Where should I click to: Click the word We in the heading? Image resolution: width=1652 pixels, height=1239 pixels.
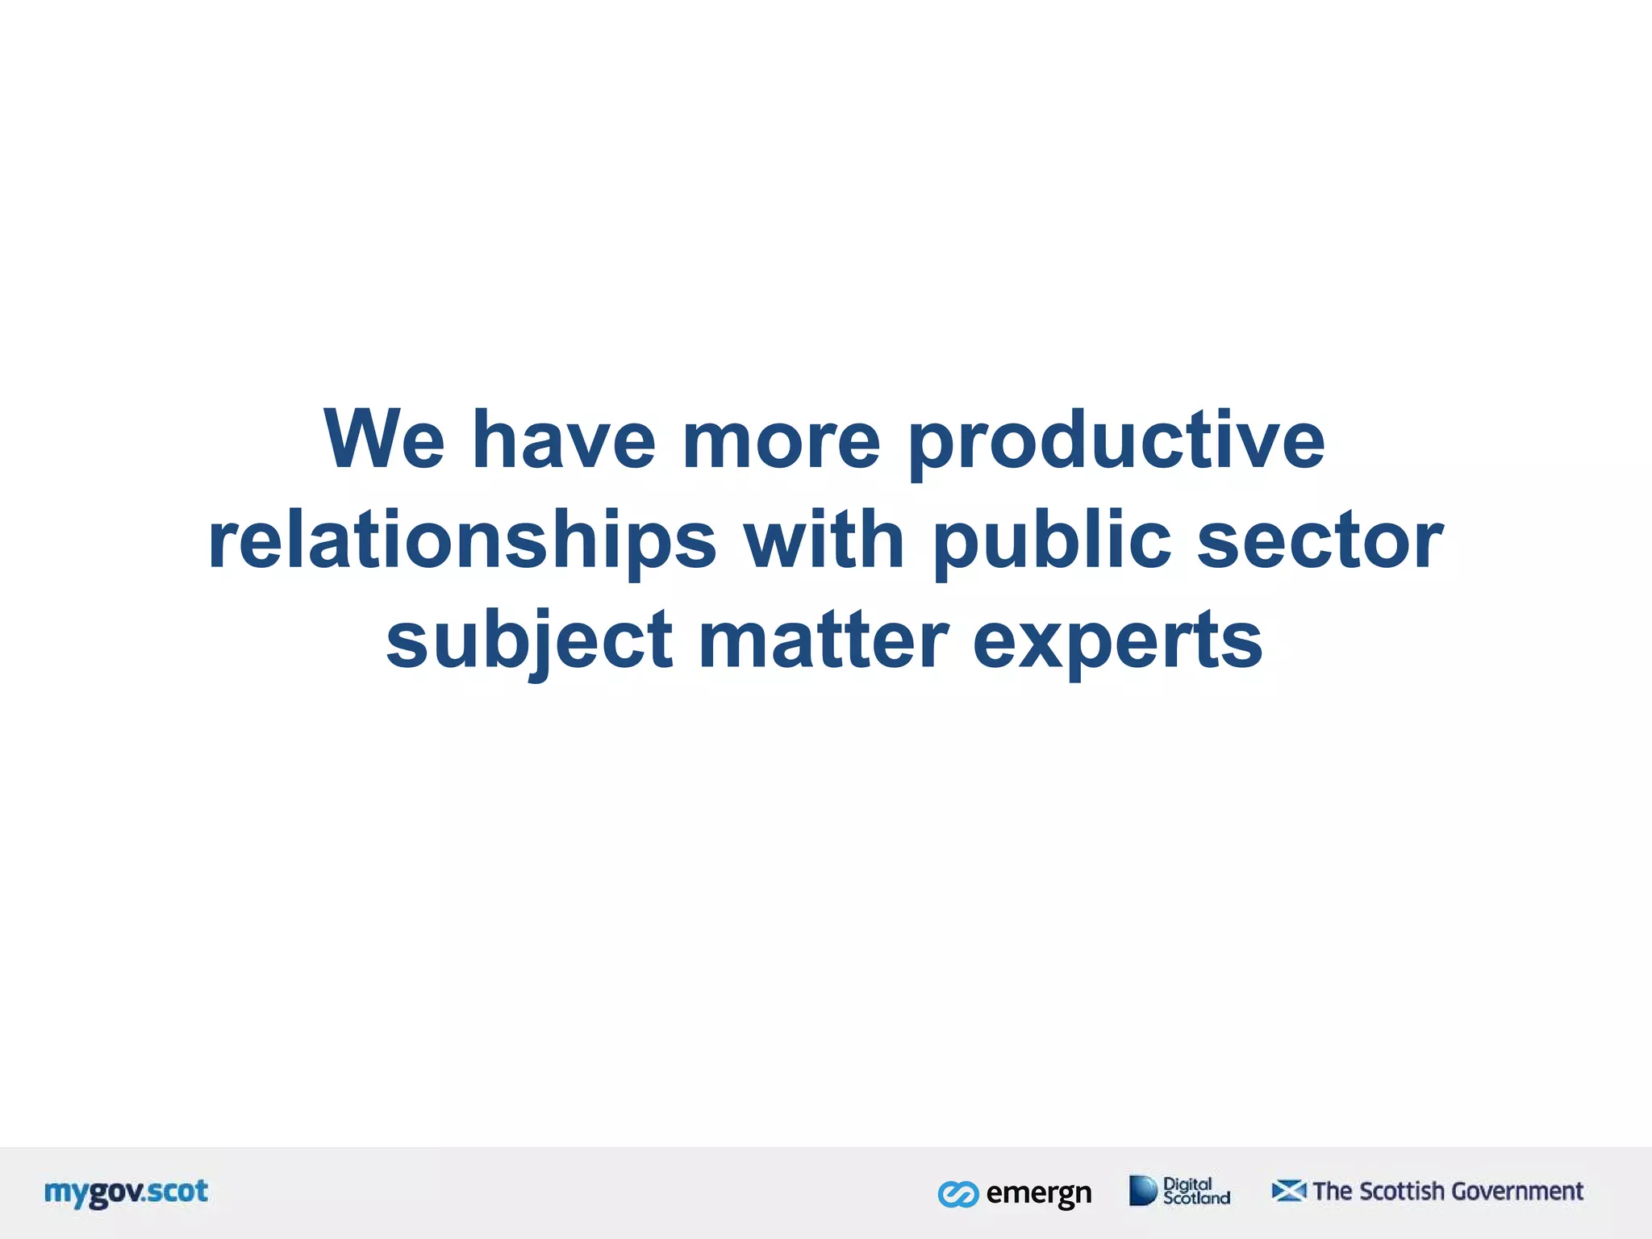[x=384, y=440]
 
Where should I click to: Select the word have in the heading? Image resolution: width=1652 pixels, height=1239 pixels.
[x=563, y=440]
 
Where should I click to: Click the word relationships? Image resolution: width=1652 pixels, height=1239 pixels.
[x=462, y=540]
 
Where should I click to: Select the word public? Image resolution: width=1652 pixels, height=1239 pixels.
[x=1051, y=540]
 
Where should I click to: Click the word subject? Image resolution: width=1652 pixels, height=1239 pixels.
[x=529, y=641]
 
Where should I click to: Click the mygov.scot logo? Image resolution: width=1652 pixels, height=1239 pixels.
[x=127, y=1192]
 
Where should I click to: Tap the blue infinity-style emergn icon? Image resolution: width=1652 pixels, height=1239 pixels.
[x=958, y=1194]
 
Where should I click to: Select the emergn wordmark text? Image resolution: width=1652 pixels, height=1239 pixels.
[x=1039, y=1193]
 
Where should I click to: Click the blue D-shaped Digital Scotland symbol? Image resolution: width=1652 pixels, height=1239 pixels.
[x=1142, y=1191]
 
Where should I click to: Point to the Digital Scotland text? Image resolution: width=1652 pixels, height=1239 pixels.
[x=1195, y=1191]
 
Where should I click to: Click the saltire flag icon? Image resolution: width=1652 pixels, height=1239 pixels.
[x=1288, y=1191]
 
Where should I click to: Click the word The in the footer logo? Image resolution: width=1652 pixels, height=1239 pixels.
[x=1333, y=1191]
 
